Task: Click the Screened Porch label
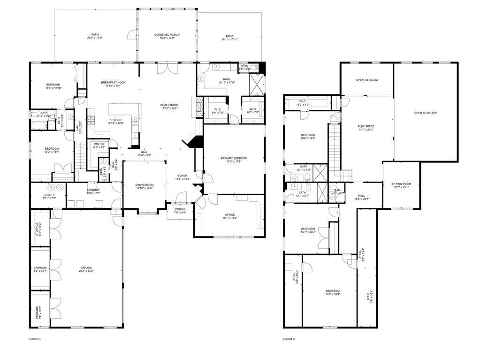tap(167, 35)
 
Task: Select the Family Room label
tap(169, 105)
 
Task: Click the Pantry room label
tap(99, 144)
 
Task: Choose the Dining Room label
tap(145, 185)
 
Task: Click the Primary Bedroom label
tap(234, 158)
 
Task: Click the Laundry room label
tap(92, 190)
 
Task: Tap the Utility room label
tap(49, 195)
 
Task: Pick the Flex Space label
tap(366, 126)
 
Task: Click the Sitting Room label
tap(401, 184)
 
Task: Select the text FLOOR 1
tap(35, 339)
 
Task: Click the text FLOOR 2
tap(289, 339)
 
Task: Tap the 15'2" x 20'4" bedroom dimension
tap(333, 294)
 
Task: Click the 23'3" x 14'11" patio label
tap(95, 37)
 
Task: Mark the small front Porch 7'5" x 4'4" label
tap(180, 211)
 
